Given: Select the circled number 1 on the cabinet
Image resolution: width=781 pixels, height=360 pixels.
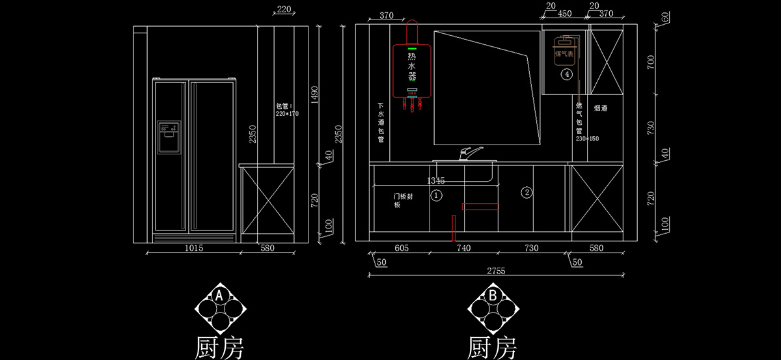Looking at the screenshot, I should click(437, 195).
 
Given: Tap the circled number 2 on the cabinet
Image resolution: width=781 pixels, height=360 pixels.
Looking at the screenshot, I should click(527, 192).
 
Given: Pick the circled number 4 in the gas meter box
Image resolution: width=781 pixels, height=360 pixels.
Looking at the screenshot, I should click(567, 75).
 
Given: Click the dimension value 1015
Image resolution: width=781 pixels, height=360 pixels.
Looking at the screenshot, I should click(194, 248).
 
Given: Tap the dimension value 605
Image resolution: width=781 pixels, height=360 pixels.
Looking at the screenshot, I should click(401, 248).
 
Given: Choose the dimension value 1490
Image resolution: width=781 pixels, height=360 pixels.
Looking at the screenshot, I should click(314, 95).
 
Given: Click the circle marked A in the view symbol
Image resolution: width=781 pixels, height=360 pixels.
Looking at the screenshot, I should click(219, 296).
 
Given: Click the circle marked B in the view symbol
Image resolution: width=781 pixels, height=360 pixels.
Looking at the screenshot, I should click(493, 296).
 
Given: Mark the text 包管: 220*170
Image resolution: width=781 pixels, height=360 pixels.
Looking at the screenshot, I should click(286, 109).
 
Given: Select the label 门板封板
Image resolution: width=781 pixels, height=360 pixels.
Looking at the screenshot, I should click(402, 200).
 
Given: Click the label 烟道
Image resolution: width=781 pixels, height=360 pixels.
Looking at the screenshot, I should click(600, 108).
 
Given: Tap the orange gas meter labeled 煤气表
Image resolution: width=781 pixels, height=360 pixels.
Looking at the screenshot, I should click(564, 50).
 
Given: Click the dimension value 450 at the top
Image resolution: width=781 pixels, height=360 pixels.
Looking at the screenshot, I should click(564, 14).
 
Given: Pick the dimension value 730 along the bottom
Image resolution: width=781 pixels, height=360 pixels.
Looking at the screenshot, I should click(532, 248).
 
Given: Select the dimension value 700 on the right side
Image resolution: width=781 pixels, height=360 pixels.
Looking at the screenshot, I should click(666, 62).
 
